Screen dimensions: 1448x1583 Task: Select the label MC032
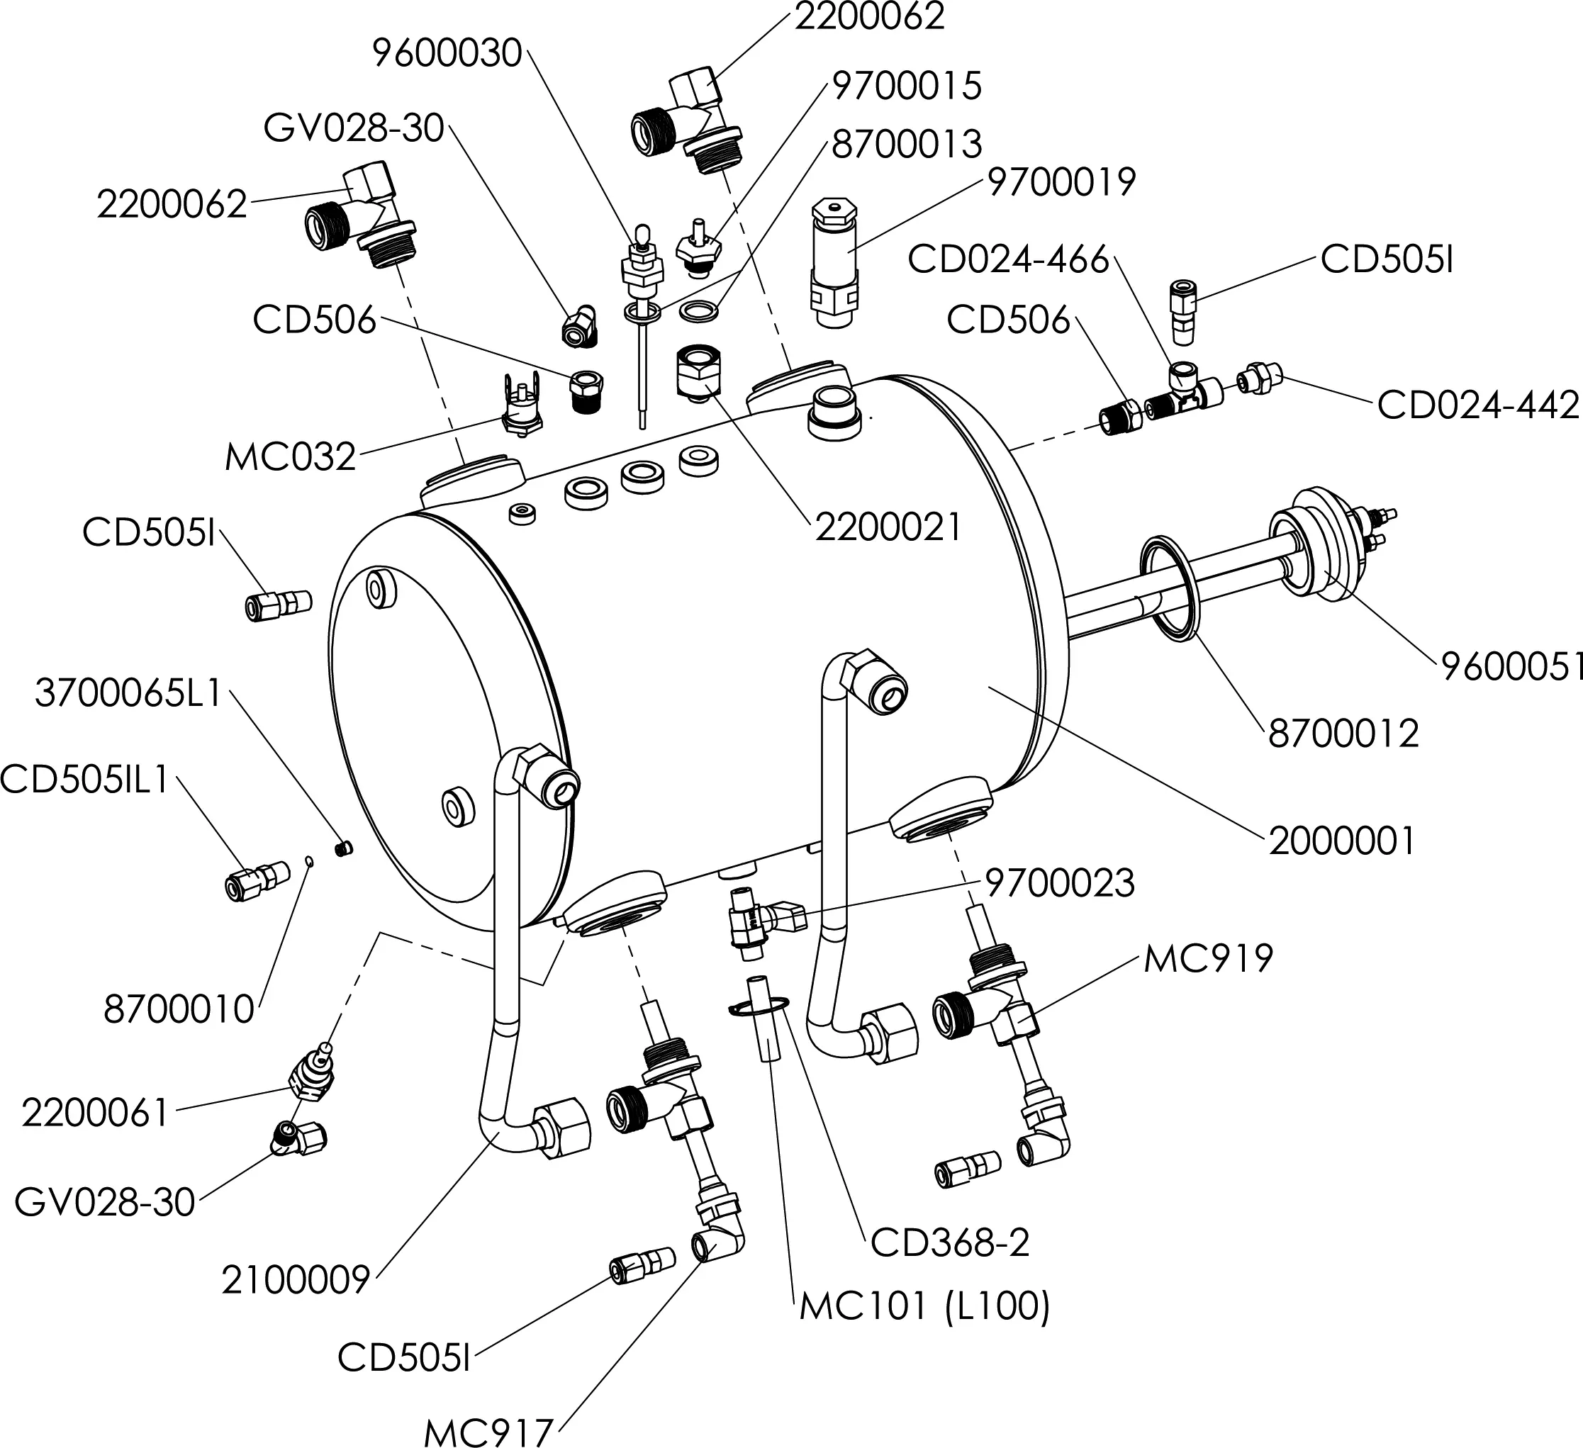(x=291, y=456)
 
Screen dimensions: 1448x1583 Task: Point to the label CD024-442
(x=1478, y=405)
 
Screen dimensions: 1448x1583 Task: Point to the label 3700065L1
(x=129, y=695)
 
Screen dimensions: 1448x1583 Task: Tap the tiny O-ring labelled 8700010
(x=311, y=860)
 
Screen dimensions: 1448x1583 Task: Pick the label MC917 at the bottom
(x=488, y=1432)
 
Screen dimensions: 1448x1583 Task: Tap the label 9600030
(x=447, y=53)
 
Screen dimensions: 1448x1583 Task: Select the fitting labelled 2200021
(x=698, y=373)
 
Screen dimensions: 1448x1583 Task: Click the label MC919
(x=1208, y=959)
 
